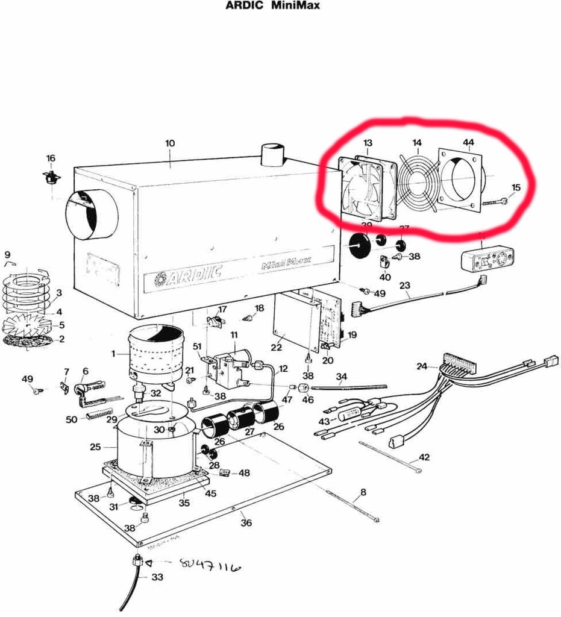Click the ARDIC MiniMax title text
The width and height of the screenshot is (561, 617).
(272, 6)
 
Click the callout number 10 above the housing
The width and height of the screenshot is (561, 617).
(170, 143)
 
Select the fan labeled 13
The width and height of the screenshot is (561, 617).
(366, 188)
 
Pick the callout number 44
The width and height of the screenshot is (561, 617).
(468, 142)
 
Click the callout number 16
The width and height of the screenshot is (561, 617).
(51, 158)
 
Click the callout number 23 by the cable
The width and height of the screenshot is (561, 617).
(404, 286)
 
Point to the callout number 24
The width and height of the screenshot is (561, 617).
(421, 366)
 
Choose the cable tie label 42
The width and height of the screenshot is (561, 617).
(424, 457)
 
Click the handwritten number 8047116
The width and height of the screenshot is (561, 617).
(210, 566)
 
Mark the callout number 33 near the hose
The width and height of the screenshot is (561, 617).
(157, 577)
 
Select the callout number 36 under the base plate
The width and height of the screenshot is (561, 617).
(246, 522)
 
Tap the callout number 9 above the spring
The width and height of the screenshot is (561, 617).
(7, 254)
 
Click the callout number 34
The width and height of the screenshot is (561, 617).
(342, 377)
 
